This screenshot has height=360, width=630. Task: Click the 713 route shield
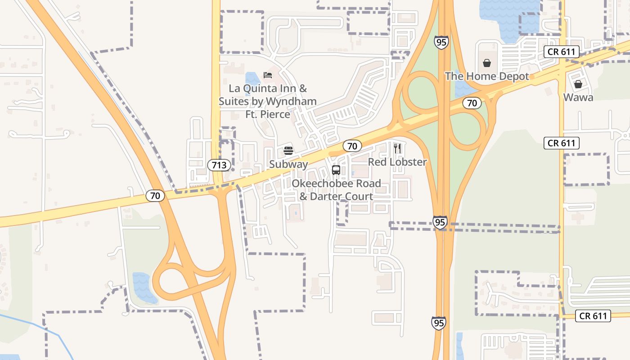tap(219, 165)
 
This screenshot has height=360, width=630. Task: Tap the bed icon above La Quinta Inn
tap(268, 75)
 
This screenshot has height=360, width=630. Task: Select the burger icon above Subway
tap(288, 150)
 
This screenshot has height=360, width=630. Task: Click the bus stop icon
tap(336, 170)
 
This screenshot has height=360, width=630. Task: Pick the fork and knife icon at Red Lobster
tap(397, 148)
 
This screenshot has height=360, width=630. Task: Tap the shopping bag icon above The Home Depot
tap(487, 63)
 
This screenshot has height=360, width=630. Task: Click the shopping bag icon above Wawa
tap(578, 84)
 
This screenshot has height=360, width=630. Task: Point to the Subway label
tap(288, 164)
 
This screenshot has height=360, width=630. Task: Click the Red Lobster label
tap(397, 162)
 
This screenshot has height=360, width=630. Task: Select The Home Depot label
tap(487, 76)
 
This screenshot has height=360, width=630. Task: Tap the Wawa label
tap(578, 97)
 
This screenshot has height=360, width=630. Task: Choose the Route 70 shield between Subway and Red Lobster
tap(352, 146)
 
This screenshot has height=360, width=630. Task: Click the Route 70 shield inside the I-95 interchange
tap(472, 103)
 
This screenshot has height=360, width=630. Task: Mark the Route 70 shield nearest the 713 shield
tap(155, 196)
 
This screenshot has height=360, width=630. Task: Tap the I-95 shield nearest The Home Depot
tap(441, 43)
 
